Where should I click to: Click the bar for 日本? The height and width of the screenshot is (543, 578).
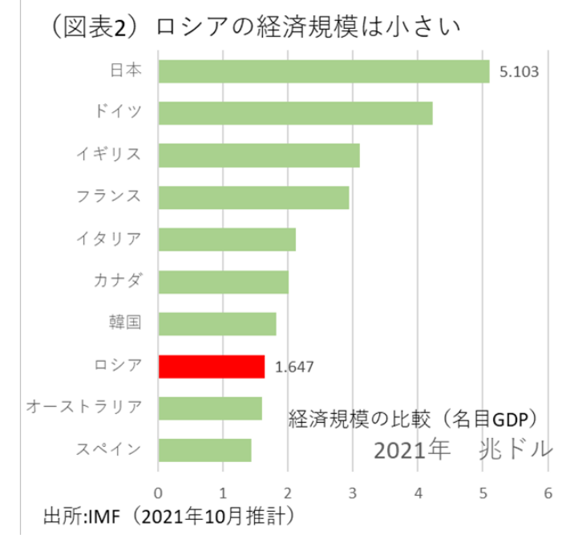pyautogui.click(x=323, y=71)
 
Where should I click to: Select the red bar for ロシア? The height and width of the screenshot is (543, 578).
pyautogui.click(x=212, y=367)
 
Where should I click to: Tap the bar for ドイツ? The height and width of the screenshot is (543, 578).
pyautogui.click(x=295, y=113)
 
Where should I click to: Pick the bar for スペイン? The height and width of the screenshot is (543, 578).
pyautogui.click(x=204, y=450)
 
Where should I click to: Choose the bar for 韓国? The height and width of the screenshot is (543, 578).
pyautogui.click(x=217, y=324)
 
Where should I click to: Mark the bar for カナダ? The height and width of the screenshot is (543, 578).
pyautogui.click(x=223, y=282)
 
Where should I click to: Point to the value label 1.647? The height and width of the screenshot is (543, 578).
pyautogui.click(x=293, y=368)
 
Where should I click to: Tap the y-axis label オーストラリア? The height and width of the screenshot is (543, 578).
pyautogui.click(x=84, y=408)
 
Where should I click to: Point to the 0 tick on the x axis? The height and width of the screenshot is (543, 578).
pyautogui.click(x=159, y=493)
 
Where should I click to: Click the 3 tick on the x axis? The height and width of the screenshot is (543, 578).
pyautogui.click(x=353, y=493)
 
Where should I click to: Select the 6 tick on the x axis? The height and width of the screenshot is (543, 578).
pyautogui.click(x=548, y=493)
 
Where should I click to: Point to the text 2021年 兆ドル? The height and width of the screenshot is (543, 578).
pyautogui.click(x=463, y=449)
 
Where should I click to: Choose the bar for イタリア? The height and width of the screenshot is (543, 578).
pyautogui.click(x=227, y=239)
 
